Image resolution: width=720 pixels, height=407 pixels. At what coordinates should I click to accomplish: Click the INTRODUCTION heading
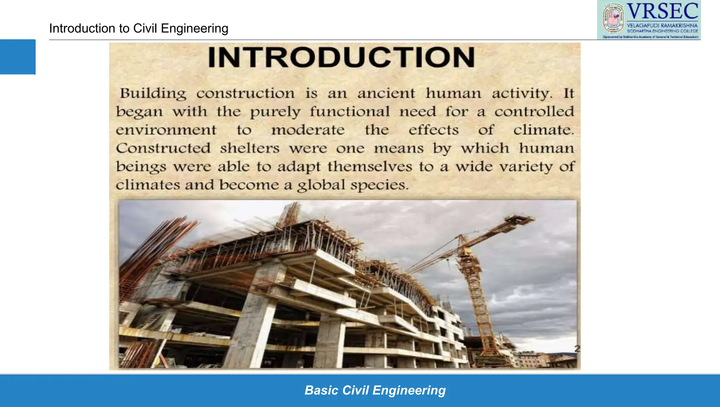(x=341, y=57)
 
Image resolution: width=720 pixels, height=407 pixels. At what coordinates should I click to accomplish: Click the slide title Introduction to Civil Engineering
(x=139, y=28)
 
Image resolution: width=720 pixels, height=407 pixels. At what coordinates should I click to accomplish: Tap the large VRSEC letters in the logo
(x=662, y=11)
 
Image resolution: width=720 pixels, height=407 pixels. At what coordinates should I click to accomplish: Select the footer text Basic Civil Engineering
(x=375, y=390)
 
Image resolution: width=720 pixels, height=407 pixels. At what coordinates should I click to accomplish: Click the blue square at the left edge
(x=18, y=57)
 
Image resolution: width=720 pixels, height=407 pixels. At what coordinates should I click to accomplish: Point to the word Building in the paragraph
(x=153, y=93)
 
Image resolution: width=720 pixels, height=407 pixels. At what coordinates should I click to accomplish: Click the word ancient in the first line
(x=386, y=93)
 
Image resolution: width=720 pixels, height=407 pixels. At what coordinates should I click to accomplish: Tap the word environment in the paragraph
(x=166, y=130)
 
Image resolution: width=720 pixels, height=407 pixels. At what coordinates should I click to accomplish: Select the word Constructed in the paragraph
(x=163, y=148)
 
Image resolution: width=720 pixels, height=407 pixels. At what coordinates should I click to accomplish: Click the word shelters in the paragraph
(x=250, y=148)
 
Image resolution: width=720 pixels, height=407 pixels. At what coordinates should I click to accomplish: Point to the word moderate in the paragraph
(x=308, y=130)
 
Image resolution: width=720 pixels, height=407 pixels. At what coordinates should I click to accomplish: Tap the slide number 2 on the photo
(x=577, y=348)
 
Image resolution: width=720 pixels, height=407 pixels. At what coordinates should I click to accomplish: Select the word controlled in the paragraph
(x=534, y=112)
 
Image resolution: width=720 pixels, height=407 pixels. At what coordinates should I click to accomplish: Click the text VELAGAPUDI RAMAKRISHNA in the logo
(x=662, y=25)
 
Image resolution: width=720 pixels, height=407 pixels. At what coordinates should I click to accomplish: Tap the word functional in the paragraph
(x=349, y=112)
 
